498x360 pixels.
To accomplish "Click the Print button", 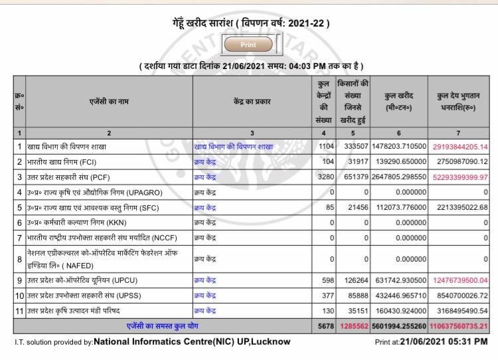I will click(249, 45).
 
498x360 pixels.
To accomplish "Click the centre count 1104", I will click(323, 146).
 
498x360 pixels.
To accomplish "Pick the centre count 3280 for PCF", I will click(323, 177).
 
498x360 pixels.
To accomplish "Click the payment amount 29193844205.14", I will click(459, 146).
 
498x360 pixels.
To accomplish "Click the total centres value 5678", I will click(323, 326).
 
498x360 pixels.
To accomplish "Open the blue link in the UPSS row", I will click(206, 295).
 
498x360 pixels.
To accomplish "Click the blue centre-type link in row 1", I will click(233, 146).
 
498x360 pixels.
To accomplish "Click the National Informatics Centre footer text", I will click(192, 341).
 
